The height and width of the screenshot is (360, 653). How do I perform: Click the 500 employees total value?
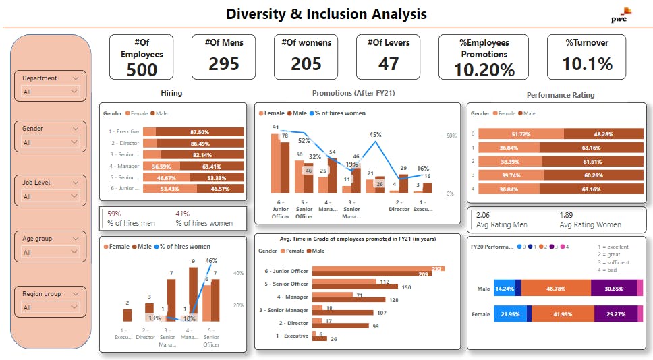click(142, 69)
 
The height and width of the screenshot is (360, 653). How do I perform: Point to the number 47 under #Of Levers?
click(388, 64)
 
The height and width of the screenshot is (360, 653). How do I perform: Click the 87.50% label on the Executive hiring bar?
click(199, 132)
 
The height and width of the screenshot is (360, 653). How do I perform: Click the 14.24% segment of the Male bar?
click(504, 288)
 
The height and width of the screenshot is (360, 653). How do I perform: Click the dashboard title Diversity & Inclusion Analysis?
click(326, 14)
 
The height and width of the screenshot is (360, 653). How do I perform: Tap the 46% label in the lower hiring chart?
click(211, 261)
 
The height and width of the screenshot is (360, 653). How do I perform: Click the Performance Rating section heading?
click(560, 95)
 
